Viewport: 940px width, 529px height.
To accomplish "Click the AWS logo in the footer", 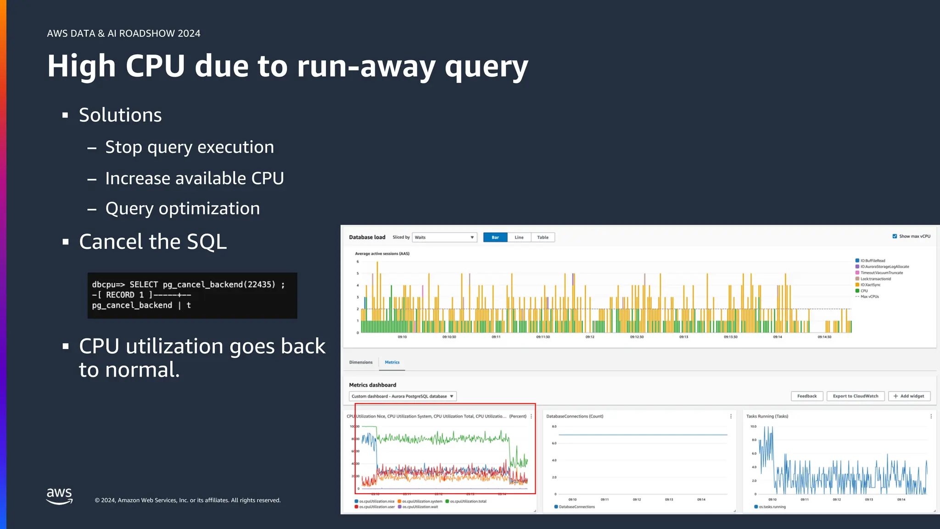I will pyautogui.click(x=60, y=496).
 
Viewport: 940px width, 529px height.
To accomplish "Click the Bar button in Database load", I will pyautogui.click(x=495, y=237).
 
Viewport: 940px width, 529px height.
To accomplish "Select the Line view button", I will pyautogui.click(x=519, y=237).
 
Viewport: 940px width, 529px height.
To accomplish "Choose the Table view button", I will pyautogui.click(x=543, y=237).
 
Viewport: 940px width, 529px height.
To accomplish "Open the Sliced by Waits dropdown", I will pyautogui.click(x=444, y=237).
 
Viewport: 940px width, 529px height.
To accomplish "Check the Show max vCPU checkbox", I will pyautogui.click(x=895, y=236).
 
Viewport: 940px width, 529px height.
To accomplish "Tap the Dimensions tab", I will pyautogui.click(x=361, y=362).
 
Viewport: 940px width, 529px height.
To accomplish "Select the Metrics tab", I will pyautogui.click(x=392, y=362).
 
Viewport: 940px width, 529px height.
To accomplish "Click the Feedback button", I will pyautogui.click(x=807, y=396).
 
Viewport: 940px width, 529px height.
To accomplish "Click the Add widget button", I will pyautogui.click(x=909, y=396).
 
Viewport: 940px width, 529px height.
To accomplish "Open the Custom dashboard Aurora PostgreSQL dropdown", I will pyautogui.click(x=403, y=396).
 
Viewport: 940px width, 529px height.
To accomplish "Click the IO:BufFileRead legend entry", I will pyautogui.click(x=873, y=261).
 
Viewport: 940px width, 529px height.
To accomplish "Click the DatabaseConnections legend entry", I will pyautogui.click(x=576, y=507).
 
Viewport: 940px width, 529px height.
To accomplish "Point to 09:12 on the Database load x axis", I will pyautogui.click(x=590, y=337).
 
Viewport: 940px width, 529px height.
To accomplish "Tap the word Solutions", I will pyautogui.click(x=120, y=115).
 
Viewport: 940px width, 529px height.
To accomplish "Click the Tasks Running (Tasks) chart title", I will pyautogui.click(x=767, y=416).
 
